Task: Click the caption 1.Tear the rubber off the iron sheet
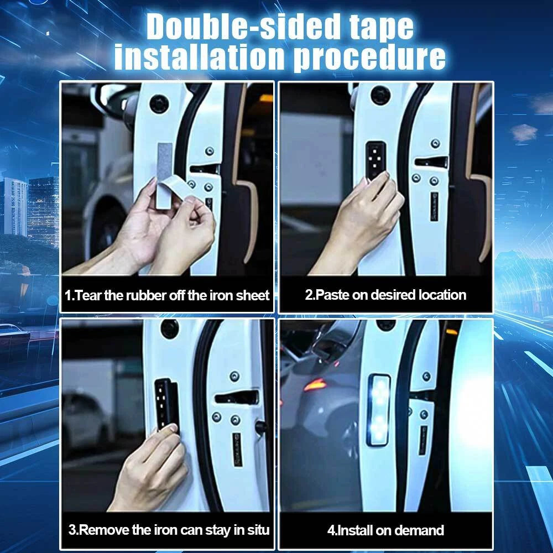(x=167, y=295)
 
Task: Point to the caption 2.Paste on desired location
(x=385, y=295)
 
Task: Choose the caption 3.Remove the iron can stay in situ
(x=169, y=530)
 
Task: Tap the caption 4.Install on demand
(x=385, y=530)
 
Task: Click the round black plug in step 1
(x=159, y=104)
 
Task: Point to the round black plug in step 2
(x=380, y=95)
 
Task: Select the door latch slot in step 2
(x=431, y=162)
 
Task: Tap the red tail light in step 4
(x=315, y=385)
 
